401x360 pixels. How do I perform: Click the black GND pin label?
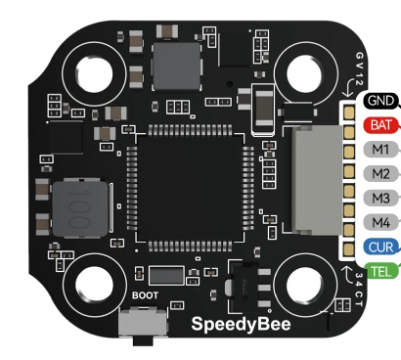click(x=380, y=101)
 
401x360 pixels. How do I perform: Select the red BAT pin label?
click(x=380, y=125)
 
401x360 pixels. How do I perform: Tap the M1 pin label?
click(x=380, y=150)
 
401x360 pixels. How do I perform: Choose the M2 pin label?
click(x=380, y=173)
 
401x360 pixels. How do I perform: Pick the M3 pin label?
click(x=380, y=198)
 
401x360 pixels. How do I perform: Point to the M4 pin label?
click(x=380, y=222)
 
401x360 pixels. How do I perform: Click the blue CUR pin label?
click(x=380, y=247)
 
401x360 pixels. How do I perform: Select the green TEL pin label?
click(x=381, y=271)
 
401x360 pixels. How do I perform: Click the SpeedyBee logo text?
click(x=241, y=325)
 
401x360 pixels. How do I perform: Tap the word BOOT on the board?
click(x=145, y=295)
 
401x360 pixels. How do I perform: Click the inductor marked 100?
click(x=80, y=208)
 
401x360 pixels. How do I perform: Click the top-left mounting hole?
click(x=94, y=73)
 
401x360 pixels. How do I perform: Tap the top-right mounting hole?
click(x=305, y=73)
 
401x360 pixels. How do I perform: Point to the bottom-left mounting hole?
click(x=94, y=285)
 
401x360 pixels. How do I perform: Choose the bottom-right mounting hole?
click(x=305, y=285)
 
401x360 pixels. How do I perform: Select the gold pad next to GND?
click(x=349, y=112)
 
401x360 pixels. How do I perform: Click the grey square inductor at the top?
click(x=177, y=66)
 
